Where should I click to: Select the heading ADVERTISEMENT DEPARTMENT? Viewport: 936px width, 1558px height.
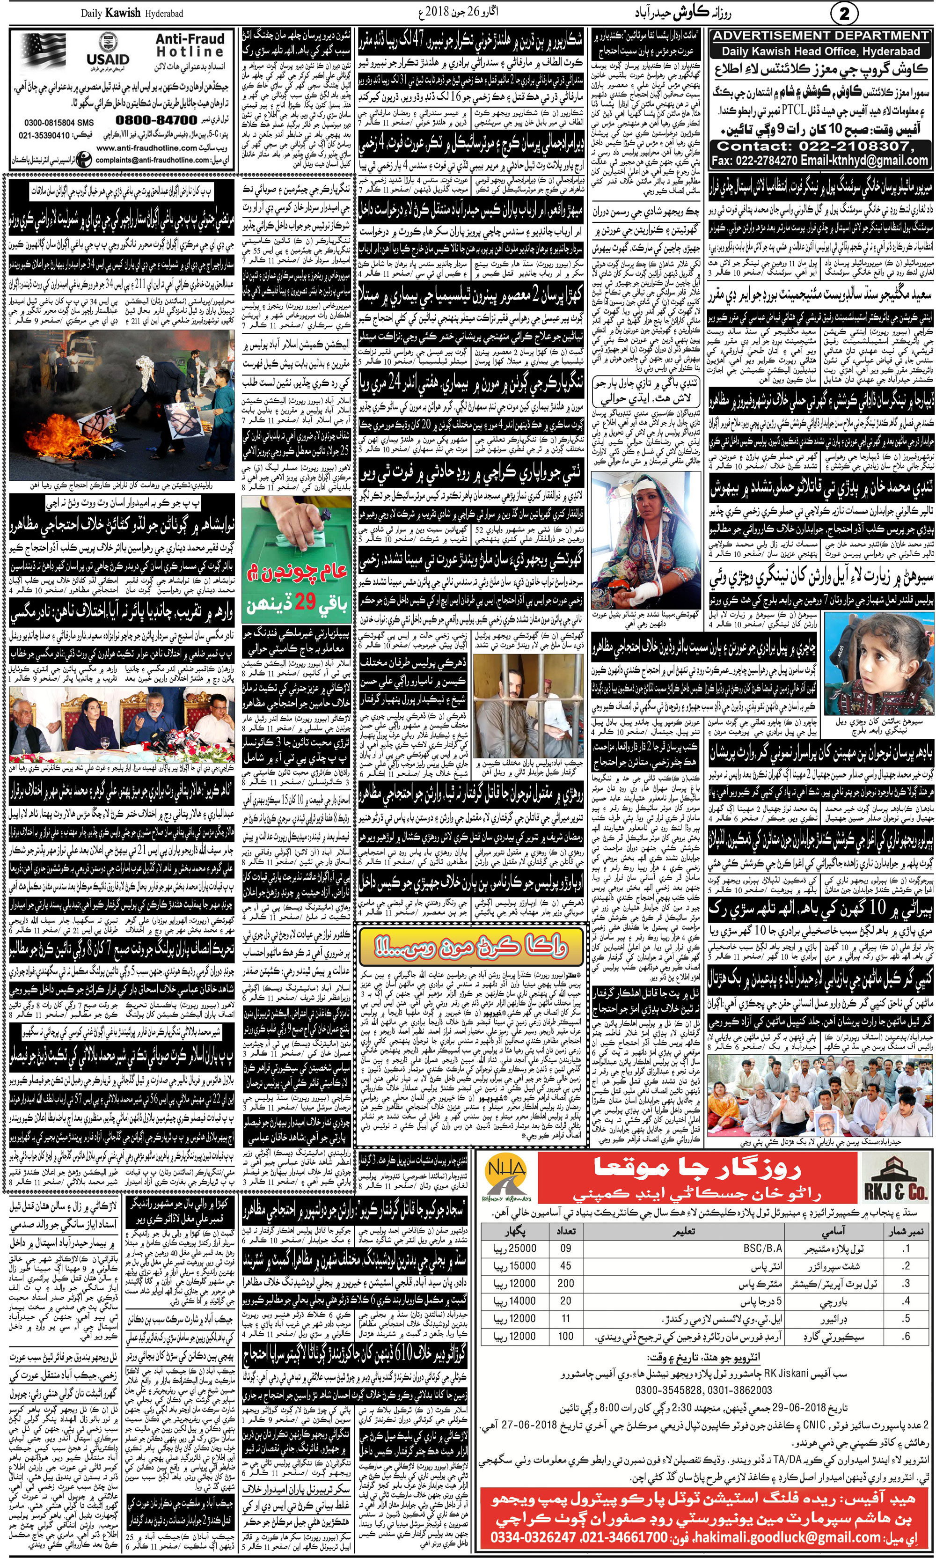(820, 36)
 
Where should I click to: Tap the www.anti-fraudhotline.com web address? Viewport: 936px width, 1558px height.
(140, 147)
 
